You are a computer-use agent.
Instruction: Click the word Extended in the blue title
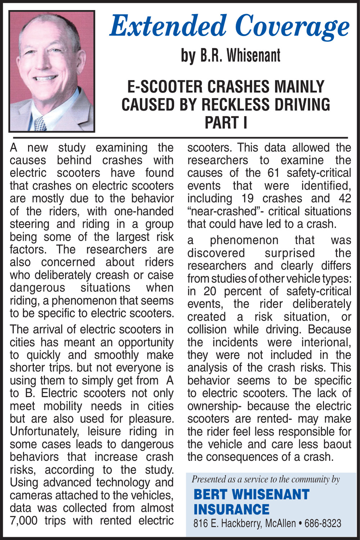168,26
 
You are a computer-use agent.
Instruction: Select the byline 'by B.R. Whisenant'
230,55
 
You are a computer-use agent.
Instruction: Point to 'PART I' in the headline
226,122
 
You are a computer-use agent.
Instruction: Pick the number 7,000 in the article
23,521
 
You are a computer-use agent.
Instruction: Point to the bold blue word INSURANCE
231,509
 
